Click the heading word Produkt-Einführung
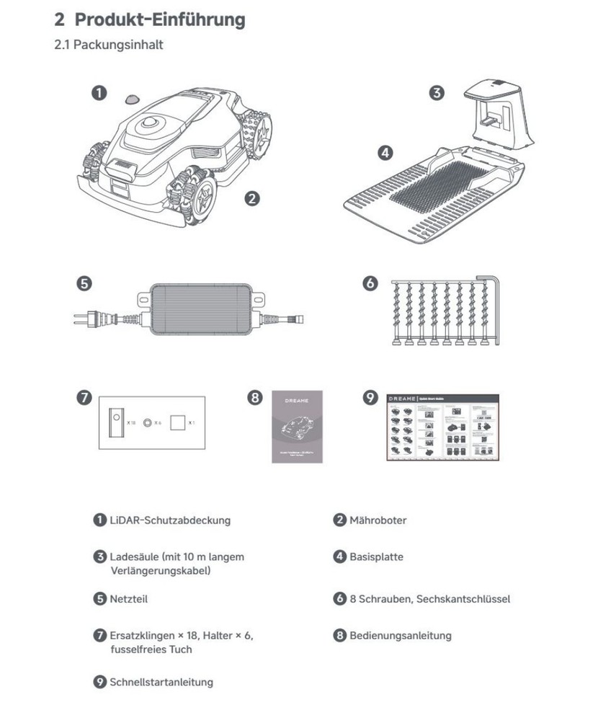pyautogui.click(x=159, y=19)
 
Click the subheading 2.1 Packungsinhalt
pyautogui.click(x=108, y=45)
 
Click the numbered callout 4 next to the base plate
pyautogui.click(x=385, y=153)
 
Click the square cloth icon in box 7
pyautogui.click(x=177, y=423)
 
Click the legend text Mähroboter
pyautogui.click(x=378, y=520)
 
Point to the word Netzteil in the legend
pyautogui.click(x=129, y=598)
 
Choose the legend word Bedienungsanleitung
pyautogui.click(x=401, y=636)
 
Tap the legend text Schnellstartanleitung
pyautogui.click(x=161, y=682)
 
